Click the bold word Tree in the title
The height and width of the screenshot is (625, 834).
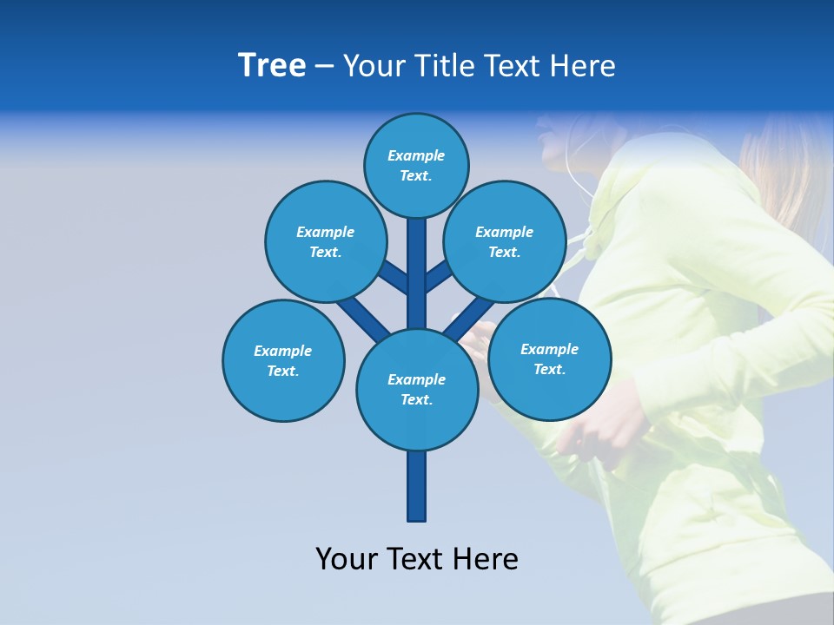[x=272, y=65]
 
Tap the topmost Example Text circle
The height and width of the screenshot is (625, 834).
[x=416, y=165]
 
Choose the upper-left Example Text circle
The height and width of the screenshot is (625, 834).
[x=325, y=241]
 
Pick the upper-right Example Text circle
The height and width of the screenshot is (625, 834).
[x=505, y=241]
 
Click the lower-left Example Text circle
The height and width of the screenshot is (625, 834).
[x=283, y=360]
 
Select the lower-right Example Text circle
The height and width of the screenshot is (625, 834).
[x=549, y=359]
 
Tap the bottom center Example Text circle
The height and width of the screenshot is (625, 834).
[x=417, y=389]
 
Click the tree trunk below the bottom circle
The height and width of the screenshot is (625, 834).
[x=417, y=486]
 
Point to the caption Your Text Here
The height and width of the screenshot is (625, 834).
[x=417, y=559]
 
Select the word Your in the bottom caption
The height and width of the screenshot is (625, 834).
[x=346, y=559]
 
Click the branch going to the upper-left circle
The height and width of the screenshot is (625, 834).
[x=393, y=276]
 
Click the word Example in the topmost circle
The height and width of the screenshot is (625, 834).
[x=416, y=155]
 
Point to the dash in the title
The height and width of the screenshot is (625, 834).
[x=324, y=67]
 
